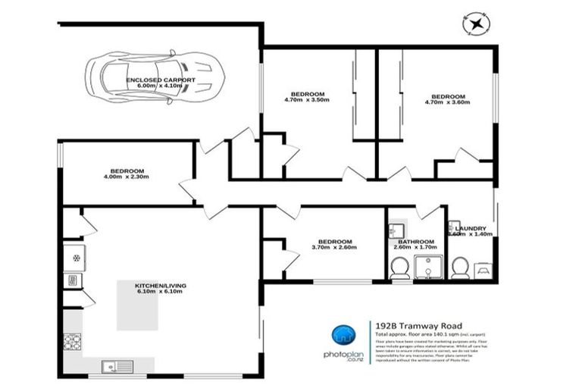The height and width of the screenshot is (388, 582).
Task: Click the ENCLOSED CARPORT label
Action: coord(161,80)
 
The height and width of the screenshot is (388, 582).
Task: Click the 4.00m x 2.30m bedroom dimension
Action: coord(127,177)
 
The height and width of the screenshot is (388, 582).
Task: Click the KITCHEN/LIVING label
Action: coord(160,285)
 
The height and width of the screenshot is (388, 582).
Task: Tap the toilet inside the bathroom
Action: coord(400,267)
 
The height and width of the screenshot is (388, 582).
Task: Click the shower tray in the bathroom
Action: coord(430,267)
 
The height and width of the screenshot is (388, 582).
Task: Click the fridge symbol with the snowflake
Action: coord(75,256)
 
